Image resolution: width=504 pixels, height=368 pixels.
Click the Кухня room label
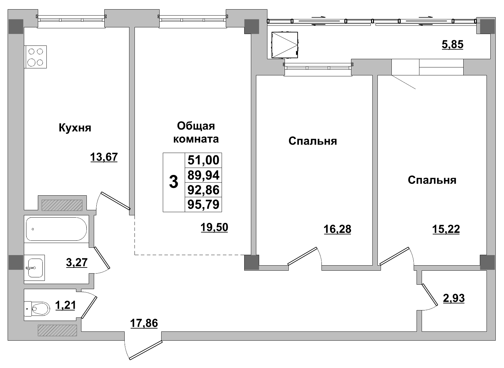[x=75, y=128]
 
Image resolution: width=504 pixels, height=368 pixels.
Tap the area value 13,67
[x=104, y=157]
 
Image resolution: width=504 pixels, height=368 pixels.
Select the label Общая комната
[x=196, y=132]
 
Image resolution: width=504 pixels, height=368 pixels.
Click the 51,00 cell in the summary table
[x=204, y=160]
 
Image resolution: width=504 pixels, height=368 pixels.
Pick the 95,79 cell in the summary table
[x=204, y=205]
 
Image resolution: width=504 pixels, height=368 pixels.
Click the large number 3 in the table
[x=174, y=183]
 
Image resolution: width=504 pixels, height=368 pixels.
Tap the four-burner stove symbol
[x=35, y=57]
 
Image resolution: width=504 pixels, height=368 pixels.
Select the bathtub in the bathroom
[x=56, y=229]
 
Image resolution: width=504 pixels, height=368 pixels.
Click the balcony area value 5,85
[x=452, y=45]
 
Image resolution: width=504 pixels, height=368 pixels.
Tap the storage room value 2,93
[x=454, y=298]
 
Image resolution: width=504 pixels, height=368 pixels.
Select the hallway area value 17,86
[x=144, y=323]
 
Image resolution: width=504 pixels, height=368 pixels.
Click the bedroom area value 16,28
[x=337, y=229]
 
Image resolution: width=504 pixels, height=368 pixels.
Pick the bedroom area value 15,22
[x=446, y=229]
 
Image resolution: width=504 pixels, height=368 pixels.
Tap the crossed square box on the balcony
[x=285, y=45]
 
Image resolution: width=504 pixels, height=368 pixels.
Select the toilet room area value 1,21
[x=65, y=306]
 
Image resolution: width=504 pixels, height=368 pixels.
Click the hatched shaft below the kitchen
[x=62, y=205]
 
